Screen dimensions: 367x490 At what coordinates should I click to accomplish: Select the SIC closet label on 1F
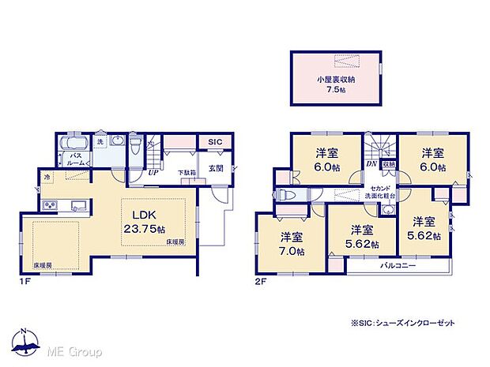click(214, 142)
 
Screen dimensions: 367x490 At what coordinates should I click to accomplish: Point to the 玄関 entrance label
click(216, 167)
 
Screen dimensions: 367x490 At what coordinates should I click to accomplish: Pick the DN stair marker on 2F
click(371, 163)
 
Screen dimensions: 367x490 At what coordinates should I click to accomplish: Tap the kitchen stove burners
click(50, 207)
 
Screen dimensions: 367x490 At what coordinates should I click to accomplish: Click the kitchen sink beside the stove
click(78, 206)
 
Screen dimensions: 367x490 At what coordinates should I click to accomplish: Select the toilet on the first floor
click(135, 145)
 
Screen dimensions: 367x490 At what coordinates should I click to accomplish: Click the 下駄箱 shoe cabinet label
click(186, 172)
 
